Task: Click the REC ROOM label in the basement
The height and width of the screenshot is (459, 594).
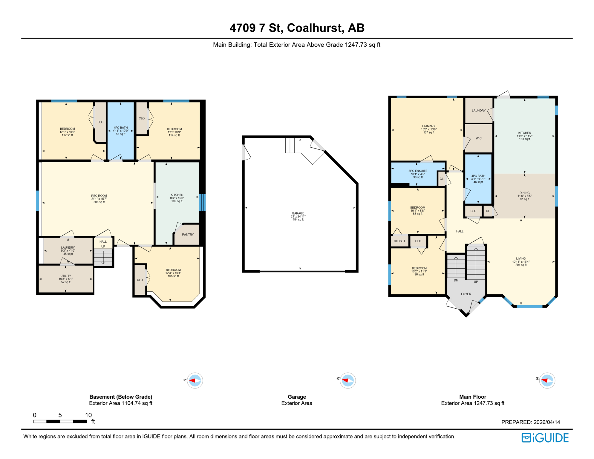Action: pyautogui.click(x=99, y=196)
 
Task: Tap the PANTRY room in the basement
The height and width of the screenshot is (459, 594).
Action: pyautogui.click(x=188, y=235)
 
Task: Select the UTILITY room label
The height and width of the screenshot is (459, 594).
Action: pyautogui.click(x=66, y=276)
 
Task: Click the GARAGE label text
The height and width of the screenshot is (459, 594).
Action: pyautogui.click(x=298, y=213)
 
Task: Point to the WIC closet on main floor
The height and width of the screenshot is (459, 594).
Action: pyautogui.click(x=479, y=138)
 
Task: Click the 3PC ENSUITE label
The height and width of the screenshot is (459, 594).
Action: pyautogui.click(x=418, y=171)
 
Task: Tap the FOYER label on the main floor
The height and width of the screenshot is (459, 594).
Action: pyautogui.click(x=466, y=294)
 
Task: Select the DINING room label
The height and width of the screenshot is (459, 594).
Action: pyautogui.click(x=524, y=193)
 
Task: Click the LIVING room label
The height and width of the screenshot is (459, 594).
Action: pyautogui.click(x=521, y=258)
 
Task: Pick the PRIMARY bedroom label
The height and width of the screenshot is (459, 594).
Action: pyautogui.click(x=429, y=126)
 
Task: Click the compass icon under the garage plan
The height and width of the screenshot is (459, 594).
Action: pyautogui.click(x=347, y=381)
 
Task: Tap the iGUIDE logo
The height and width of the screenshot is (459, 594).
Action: pyautogui.click(x=545, y=438)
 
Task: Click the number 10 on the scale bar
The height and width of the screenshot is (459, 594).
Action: pyautogui.click(x=88, y=415)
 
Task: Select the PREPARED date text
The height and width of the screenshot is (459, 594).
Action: pyautogui.click(x=531, y=422)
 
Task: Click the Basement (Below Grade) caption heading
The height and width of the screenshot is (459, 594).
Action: pyautogui.click(x=121, y=397)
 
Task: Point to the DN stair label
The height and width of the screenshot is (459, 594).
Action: pyautogui.click(x=456, y=280)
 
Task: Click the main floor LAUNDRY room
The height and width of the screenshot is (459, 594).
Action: pyautogui.click(x=479, y=111)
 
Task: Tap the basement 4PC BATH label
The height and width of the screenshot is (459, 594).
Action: pyautogui.click(x=121, y=128)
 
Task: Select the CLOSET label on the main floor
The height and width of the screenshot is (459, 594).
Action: pyautogui.click(x=399, y=241)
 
